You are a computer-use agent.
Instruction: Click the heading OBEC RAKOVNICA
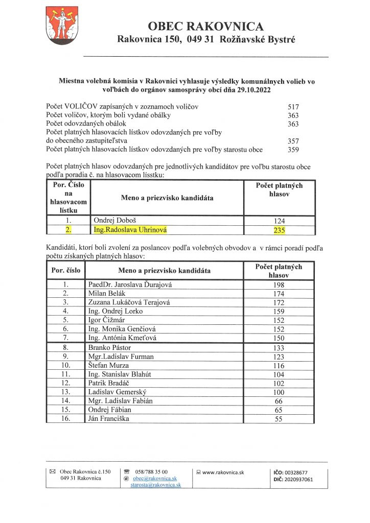pos(205,27)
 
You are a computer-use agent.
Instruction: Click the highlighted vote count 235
pos(279,230)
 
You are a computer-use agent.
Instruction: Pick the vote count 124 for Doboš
pos(279,221)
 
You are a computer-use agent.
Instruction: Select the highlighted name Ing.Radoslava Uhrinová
pos(130,230)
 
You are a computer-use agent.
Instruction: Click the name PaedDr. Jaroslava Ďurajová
pos(131,284)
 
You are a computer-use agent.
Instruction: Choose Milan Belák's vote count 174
pos(279,294)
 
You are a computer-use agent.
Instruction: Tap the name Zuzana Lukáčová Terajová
pos(129,302)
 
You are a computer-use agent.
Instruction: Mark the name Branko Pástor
pos(109,347)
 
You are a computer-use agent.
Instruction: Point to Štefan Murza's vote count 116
pos(279,365)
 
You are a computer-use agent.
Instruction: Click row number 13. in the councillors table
pos(65,392)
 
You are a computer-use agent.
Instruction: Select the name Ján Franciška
pos(109,419)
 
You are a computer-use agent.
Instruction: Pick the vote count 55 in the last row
pos(279,419)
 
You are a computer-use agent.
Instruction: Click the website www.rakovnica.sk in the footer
pos(223,472)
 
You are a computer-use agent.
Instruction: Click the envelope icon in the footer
pos(52,472)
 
